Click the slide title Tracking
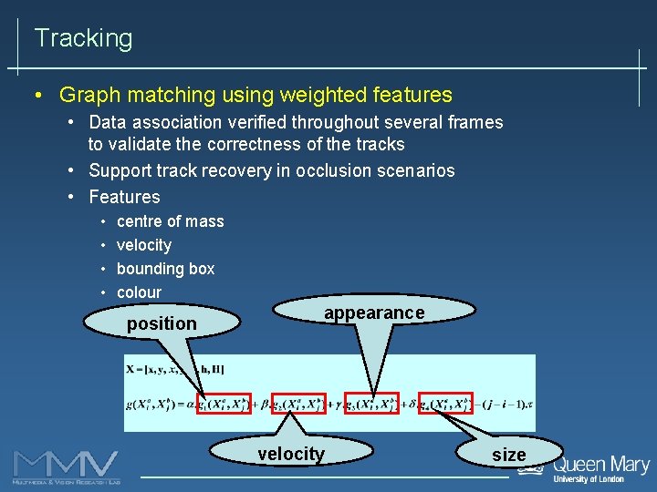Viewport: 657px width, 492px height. click(83, 38)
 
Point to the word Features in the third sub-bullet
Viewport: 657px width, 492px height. click(124, 197)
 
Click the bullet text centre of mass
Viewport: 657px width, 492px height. click(170, 221)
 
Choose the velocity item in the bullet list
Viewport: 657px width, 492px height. click(144, 245)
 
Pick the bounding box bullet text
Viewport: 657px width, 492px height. click(165, 269)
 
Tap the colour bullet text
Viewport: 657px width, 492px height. click(139, 292)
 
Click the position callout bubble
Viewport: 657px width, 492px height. click(162, 323)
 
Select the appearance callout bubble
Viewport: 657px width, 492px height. click(374, 313)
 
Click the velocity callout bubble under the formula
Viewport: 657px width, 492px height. click(291, 454)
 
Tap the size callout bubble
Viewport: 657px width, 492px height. click(508, 455)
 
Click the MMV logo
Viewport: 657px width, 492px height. click(66, 466)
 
